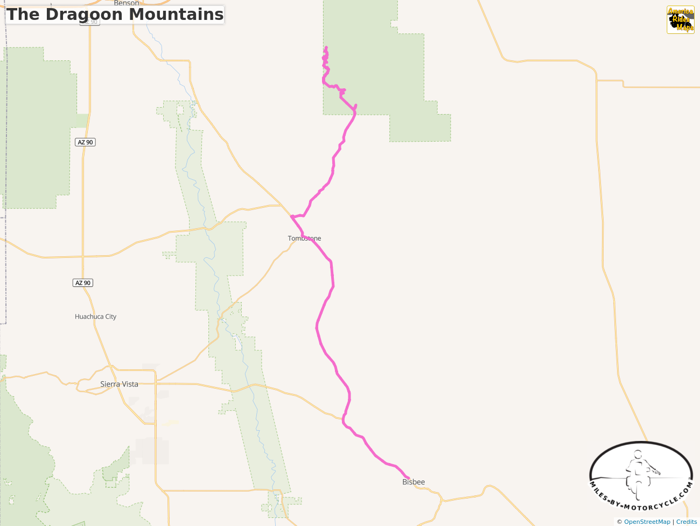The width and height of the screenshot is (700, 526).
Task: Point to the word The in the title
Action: pyautogui.click(x=23, y=15)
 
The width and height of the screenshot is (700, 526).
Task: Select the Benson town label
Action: pyautogui.click(x=127, y=3)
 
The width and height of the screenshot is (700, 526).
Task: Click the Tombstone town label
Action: pyautogui.click(x=304, y=239)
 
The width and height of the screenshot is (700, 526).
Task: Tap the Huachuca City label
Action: pyautogui.click(x=95, y=317)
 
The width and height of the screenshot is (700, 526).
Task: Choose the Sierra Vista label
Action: pyautogui.click(x=119, y=384)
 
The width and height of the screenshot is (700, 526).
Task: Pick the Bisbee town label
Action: pyautogui.click(x=414, y=482)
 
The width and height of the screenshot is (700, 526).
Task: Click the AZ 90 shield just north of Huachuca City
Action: pyautogui.click(x=83, y=283)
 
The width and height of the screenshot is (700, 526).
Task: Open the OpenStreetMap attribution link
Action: pyautogui.click(x=647, y=522)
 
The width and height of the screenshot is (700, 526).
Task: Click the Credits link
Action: pyautogui.click(x=687, y=522)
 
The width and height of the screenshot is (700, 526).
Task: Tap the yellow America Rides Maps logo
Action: pyautogui.click(x=680, y=20)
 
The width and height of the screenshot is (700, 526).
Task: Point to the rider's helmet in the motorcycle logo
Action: pyautogui.click(x=638, y=454)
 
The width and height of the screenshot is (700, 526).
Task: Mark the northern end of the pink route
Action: pyautogui.click(x=326, y=47)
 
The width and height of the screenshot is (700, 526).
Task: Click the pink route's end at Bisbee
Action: pyautogui.click(x=409, y=478)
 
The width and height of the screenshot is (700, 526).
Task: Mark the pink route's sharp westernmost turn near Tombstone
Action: pyautogui.click(x=291, y=216)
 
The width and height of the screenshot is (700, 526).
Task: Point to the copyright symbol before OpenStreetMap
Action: pyautogui.click(x=620, y=522)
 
